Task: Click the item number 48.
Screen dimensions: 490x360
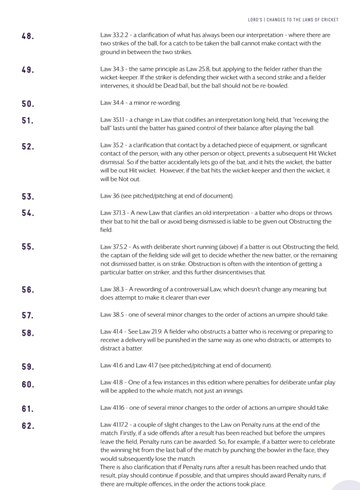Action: pos(28,36)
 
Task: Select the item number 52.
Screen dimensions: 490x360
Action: pos(28,146)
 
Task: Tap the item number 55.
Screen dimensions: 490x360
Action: pos(28,247)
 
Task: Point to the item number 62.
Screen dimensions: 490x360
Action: pos(28,425)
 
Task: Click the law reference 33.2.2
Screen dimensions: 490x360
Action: pos(120,35)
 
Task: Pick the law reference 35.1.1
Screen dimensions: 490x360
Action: pos(120,120)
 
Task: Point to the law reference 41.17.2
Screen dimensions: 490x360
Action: pos(122,425)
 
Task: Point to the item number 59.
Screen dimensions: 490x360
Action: pos(28,367)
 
